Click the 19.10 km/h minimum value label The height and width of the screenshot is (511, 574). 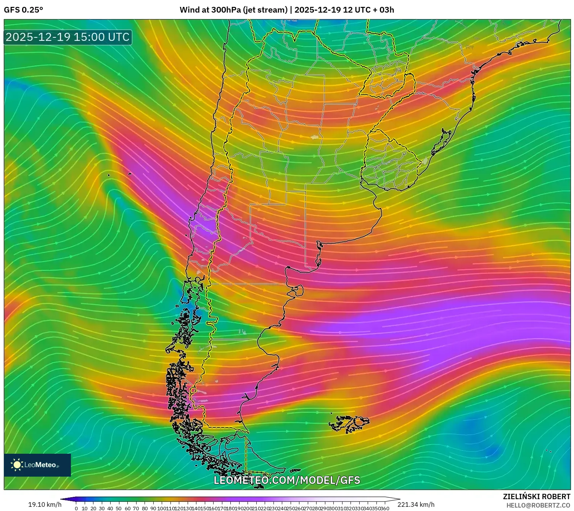[x=45, y=505]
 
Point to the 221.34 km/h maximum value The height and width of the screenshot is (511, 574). [x=416, y=505]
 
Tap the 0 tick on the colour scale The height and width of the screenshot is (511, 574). [x=76, y=508]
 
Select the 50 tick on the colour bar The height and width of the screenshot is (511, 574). [x=119, y=508]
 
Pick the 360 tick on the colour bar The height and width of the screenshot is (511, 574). [x=385, y=508]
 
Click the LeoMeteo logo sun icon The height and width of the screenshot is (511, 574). [x=17, y=465]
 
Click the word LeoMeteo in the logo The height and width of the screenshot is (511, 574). [x=40, y=465]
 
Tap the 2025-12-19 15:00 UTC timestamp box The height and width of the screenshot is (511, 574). [x=68, y=37]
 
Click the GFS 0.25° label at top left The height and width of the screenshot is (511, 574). [x=23, y=10]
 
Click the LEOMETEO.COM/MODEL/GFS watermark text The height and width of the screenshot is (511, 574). [x=287, y=480]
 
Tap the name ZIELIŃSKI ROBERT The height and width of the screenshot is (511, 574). [x=537, y=496]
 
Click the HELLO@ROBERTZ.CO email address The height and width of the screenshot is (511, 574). [x=538, y=505]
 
